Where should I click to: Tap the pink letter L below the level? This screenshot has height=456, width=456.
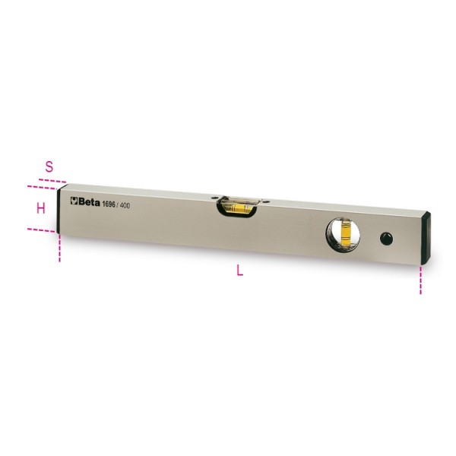[240, 274]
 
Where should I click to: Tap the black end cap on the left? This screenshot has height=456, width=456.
[63, 210]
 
